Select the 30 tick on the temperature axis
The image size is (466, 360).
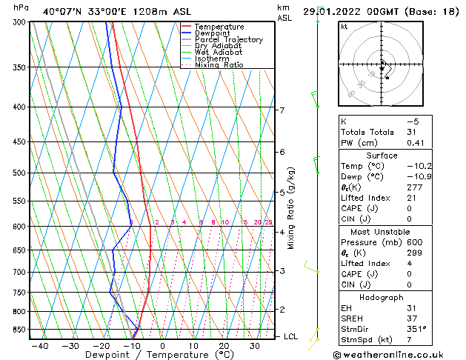click(x=254, y=346)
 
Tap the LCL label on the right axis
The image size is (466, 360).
click(x=291, y=336)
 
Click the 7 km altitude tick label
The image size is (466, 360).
click(x=282, y=110)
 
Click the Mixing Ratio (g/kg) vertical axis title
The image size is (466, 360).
click(x=291, y=208)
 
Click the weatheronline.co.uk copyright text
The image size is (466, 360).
click(x=398, y=354)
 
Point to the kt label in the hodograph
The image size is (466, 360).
click(x=344, y=27)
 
